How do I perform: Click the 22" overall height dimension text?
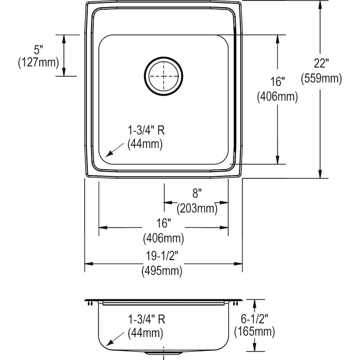(321, 63)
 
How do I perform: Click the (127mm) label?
(38, 63)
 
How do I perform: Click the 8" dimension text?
(196, 194)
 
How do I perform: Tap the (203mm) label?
(197, 208)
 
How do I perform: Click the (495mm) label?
(162, 271)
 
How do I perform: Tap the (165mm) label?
(254, 331)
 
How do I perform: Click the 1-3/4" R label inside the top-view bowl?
(146, 130)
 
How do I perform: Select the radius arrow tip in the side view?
(107, 345)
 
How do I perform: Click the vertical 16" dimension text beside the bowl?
(277, 82)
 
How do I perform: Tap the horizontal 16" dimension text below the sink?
(163, 222)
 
